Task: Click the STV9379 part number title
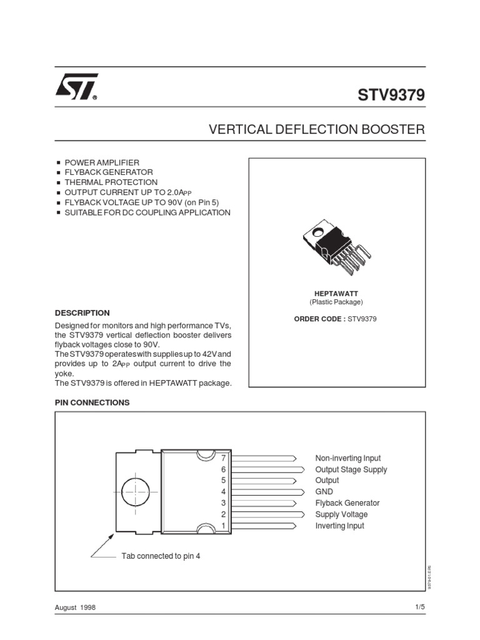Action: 391,95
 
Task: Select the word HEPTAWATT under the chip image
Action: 336,293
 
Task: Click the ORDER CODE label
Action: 319,319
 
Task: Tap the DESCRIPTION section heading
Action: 82,312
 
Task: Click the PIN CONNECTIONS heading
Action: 92,402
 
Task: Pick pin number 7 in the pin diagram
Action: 222,458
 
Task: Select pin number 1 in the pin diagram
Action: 222,526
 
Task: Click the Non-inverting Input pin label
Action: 347,458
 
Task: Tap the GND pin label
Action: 324,492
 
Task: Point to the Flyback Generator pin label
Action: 347,503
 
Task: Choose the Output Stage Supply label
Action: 351,469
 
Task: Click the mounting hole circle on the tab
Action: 137,492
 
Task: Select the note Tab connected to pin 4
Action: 161,556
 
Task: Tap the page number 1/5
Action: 419,607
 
